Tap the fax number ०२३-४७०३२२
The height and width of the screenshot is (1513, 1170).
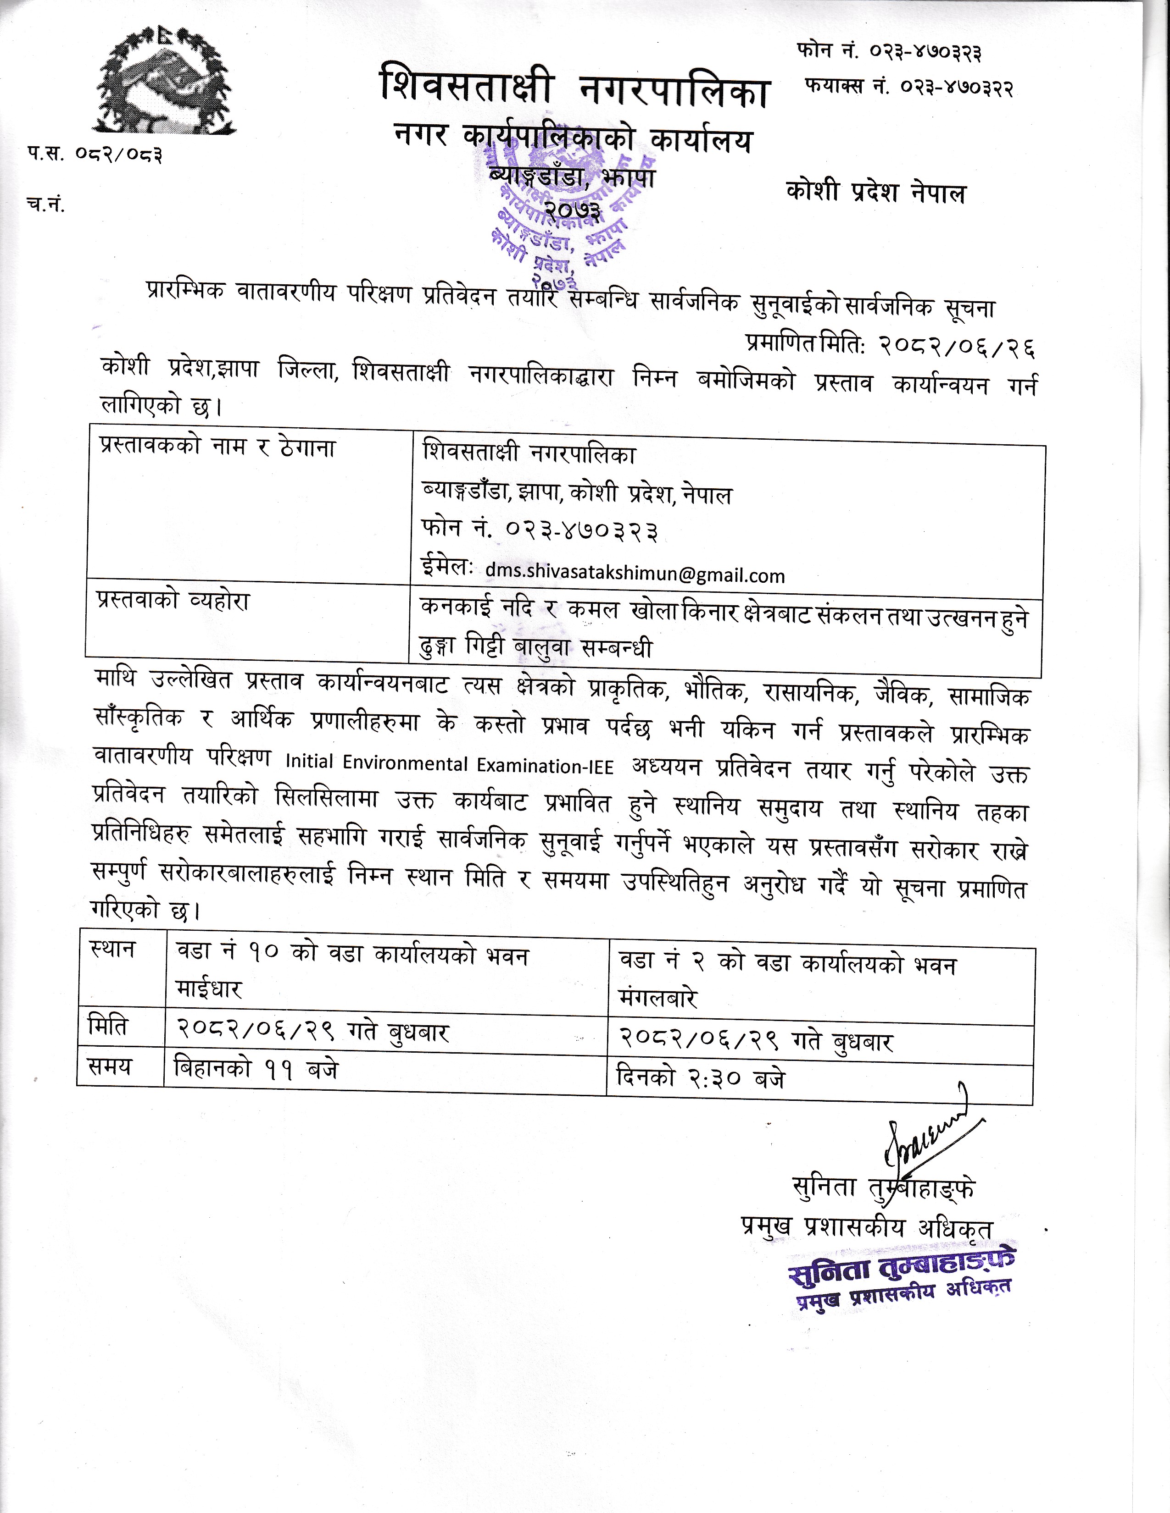pos(957,88)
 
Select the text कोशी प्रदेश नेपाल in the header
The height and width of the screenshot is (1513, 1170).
pos(875,192)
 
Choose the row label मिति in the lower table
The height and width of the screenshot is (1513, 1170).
pos(108,1025)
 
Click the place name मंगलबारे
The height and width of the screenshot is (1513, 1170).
pos(658,998)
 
